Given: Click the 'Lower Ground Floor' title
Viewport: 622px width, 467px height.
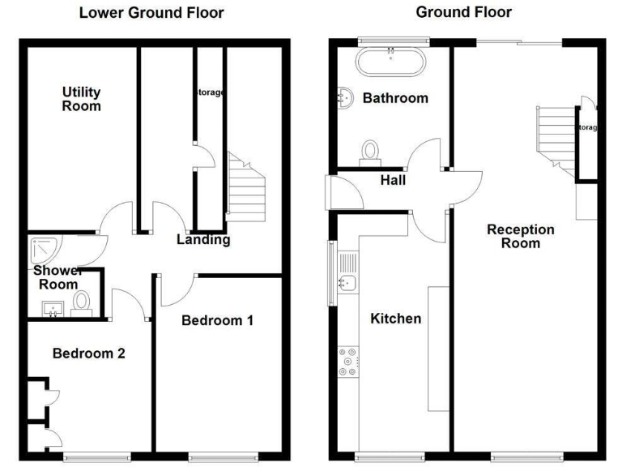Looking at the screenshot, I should click(151, 13).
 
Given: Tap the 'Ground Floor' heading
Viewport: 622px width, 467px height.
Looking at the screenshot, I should click(463, 12).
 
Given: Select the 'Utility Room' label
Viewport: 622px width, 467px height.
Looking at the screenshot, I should click(81, 98).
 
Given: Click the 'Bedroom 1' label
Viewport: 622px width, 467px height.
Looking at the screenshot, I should click(217, 320).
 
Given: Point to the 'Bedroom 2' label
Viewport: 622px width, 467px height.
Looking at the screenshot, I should click(88, 353).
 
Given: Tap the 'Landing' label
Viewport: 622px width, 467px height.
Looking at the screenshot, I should click(203, 239).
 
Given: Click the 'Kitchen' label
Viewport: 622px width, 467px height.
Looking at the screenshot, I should click(395, 319).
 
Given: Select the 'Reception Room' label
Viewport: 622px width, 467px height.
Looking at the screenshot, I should click(520, 236).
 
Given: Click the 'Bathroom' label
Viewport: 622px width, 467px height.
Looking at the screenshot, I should click(394, 98).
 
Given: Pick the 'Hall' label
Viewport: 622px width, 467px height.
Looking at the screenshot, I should click(393, 181).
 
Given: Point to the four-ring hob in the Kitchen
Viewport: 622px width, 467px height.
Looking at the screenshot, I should click(348, 362).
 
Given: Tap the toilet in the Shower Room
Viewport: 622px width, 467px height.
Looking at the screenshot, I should click(82, 302).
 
